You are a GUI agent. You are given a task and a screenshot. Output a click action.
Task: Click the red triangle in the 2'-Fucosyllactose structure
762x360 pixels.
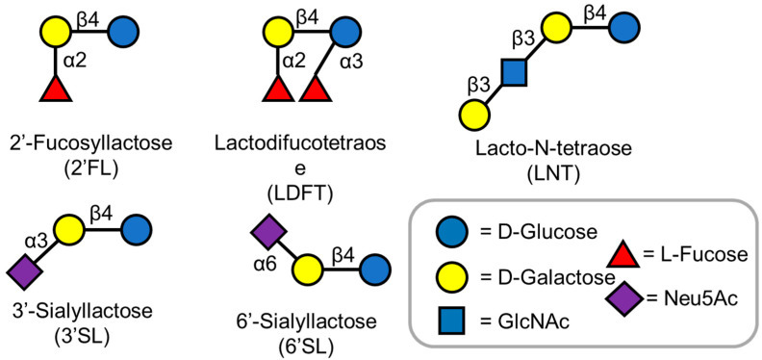pos(56,90)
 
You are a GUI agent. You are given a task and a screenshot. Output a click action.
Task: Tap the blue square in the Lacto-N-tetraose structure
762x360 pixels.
pos(514,73)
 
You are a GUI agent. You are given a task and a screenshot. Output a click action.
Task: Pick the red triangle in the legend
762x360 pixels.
pos(623,254)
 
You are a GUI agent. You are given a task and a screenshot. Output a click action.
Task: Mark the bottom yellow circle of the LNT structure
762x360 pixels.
pos(474,115)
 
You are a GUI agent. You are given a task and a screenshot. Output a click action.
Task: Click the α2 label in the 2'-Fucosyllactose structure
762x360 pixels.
pos(76,63)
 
